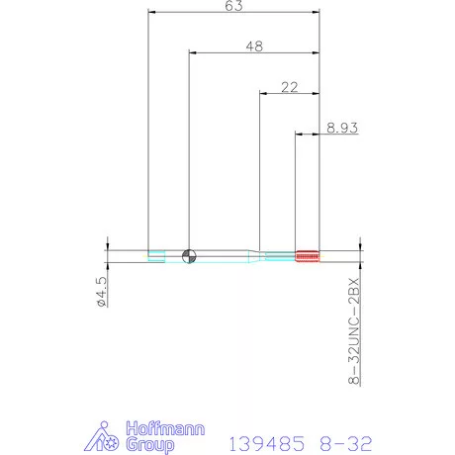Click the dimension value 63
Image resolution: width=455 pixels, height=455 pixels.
(x=233, y=6)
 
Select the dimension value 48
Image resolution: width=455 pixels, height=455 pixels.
(x=254, y=45)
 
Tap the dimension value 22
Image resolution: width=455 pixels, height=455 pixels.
(x=289, y=87)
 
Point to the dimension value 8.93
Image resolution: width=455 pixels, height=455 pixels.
(x=340, y=127)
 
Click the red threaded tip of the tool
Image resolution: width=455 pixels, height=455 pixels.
(x=308, y=254)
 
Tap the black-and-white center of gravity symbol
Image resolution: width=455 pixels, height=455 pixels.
(x=189, y=255)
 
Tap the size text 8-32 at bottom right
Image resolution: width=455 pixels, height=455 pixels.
(x=350, y=439)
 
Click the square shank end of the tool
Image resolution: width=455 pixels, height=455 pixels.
(x=156, y=255)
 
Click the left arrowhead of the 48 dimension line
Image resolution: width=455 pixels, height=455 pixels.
(x=192, y=53)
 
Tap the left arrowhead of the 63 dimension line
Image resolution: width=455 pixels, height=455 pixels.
(x=150, y=13)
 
